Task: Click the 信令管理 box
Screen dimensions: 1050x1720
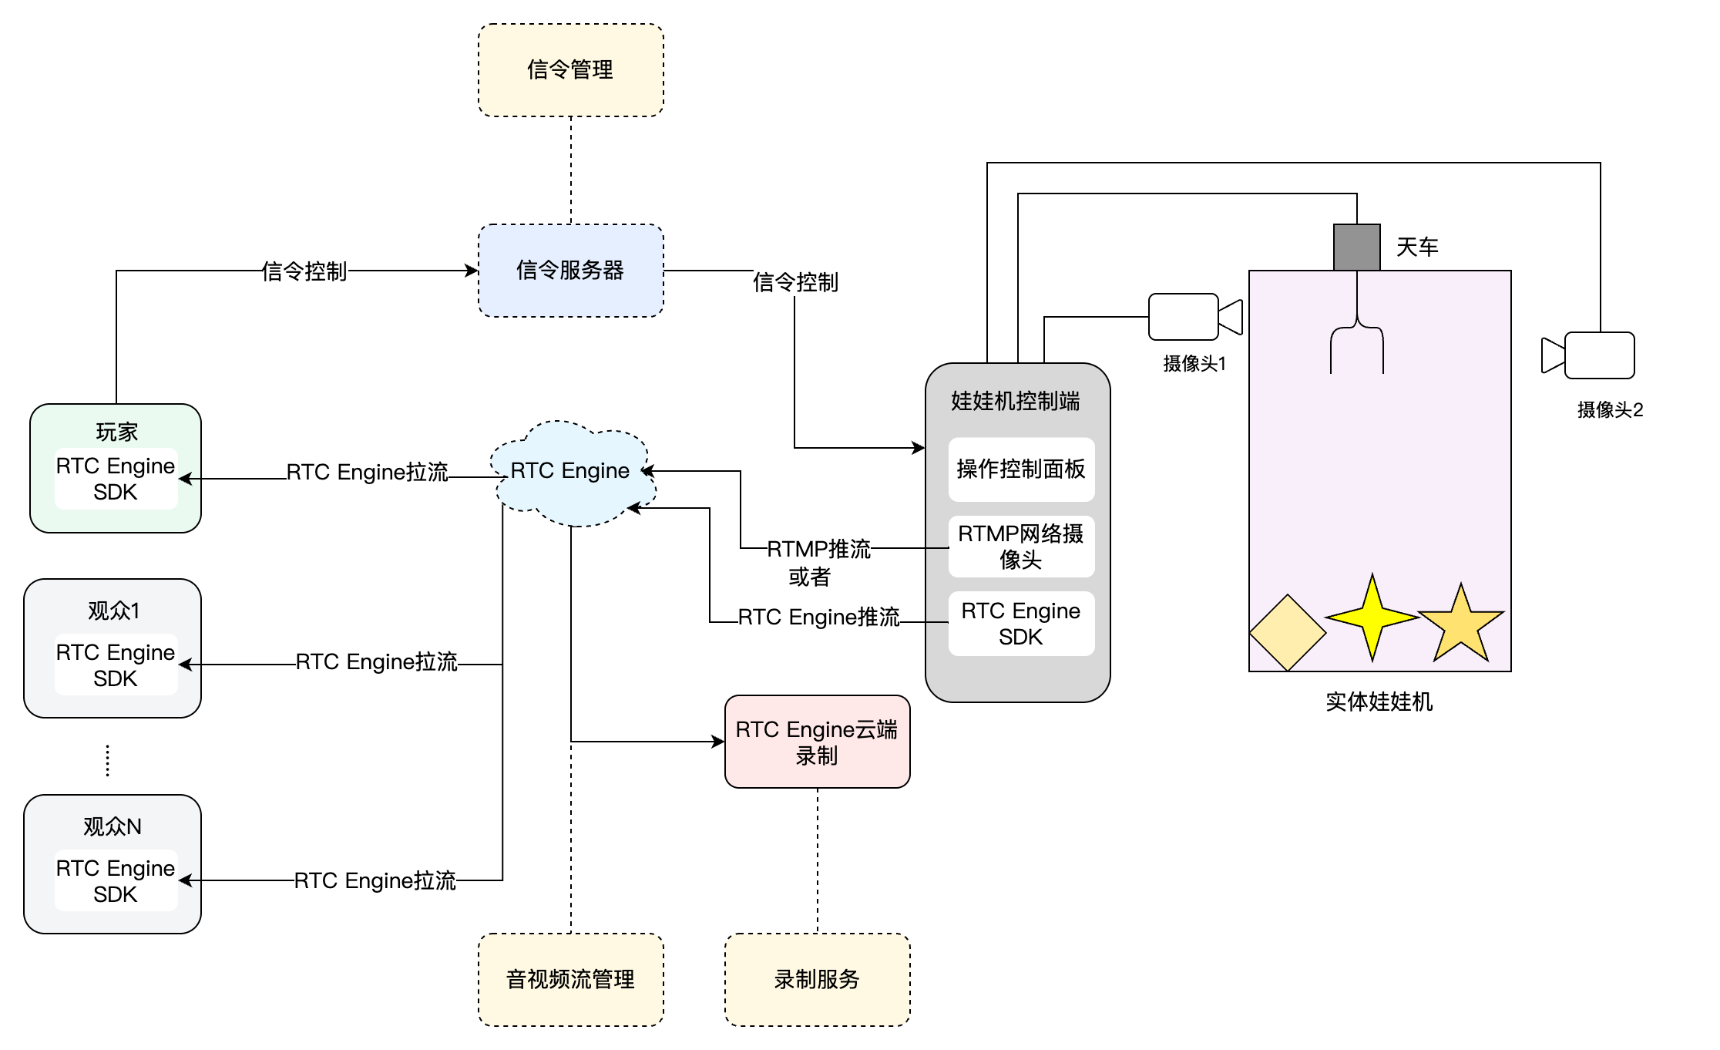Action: [x=570, y=70]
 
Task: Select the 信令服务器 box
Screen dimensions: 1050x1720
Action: [x=570, y=271]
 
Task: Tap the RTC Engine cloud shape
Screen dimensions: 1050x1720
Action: [x=571, y=472]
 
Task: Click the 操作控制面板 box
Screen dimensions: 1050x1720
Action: [x=1020, y=469]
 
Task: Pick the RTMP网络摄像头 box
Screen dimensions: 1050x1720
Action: [x=1020, y=547]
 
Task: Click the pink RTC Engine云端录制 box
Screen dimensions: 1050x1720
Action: [x=817, y=742]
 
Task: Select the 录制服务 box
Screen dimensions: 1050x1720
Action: [x=817, y=980]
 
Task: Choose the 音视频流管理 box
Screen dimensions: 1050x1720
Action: [x=570, y=980]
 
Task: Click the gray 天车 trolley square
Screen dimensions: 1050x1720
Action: [x=1356, y=247]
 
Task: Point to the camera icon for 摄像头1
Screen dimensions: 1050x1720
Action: [x=1194, y=317]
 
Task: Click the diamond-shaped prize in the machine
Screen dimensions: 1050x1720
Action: [x=1287, y=633]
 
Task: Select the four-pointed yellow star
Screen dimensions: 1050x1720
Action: [x=1372, y=618]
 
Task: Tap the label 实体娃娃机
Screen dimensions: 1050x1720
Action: [x=1379, y=702]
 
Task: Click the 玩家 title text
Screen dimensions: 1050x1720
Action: [x=116, y=432]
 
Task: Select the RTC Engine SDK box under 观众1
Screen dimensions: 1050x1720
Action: [x=116, y=665]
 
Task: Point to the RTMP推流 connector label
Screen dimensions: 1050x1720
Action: [x=818, y=549]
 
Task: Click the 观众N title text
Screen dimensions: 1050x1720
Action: [x=113, y=826]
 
